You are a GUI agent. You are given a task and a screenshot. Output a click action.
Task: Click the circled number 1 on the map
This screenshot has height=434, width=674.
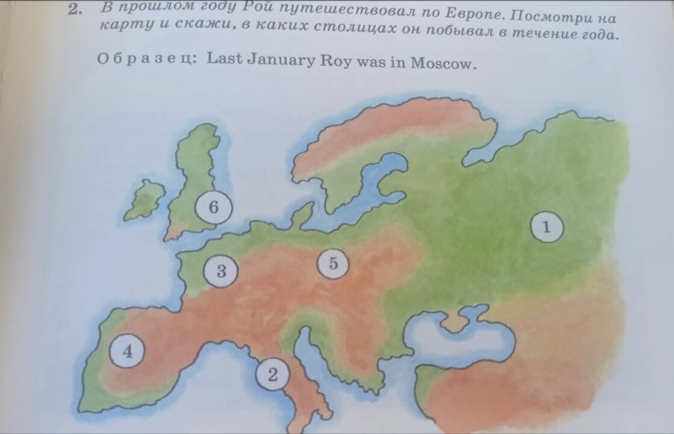[x=547, y=227]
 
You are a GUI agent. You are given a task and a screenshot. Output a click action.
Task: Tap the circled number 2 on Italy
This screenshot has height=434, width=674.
[x=273, y=375]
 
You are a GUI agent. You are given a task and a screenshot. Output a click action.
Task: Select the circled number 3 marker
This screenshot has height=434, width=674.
[x=221, y=271]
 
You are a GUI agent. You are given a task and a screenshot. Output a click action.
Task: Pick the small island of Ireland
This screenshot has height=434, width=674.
[x=145, y=200]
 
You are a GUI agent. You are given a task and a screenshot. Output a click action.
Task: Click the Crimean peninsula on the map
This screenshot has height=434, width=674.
[x=458, y=319]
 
